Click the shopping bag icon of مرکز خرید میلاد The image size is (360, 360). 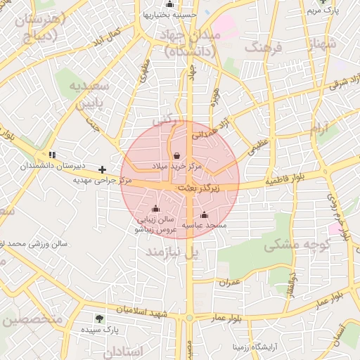pos(176,155)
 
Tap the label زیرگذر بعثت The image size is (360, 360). pos(198,188)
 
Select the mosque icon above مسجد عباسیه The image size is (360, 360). pos(204,215)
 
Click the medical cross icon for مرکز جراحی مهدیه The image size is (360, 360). pos(103,169)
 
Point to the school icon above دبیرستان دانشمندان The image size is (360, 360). pos(51,154)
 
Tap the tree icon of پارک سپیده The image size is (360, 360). pos(99,319)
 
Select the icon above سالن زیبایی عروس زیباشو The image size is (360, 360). pos(155,209)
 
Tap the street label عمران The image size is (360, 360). pos(230,283)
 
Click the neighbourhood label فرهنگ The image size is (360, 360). pos(263,48)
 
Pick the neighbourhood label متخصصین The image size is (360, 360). pos(33,319)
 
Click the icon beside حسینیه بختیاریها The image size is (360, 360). pos(169,4)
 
